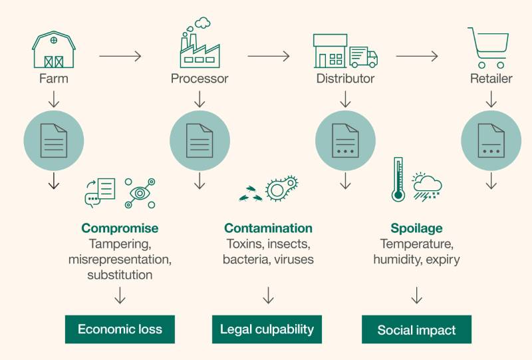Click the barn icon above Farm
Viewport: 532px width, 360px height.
click(53, 51)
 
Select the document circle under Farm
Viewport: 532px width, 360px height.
click(54, 139)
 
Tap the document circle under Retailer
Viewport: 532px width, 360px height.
click(491, 139)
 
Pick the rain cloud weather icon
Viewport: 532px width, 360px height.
click(427, 185)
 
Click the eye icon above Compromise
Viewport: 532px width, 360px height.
click(139, 191)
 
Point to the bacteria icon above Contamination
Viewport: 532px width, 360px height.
click(281, 189)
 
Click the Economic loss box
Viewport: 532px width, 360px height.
click(120, 329)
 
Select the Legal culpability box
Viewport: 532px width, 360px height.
click(267, 329)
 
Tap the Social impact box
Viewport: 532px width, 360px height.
click(416, 329)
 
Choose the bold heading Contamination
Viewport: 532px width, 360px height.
click(268, 228)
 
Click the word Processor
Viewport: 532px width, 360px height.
click(199, 79)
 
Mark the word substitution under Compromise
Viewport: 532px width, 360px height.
click(120, 274)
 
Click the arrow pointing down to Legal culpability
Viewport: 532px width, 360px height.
click(268, 295)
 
